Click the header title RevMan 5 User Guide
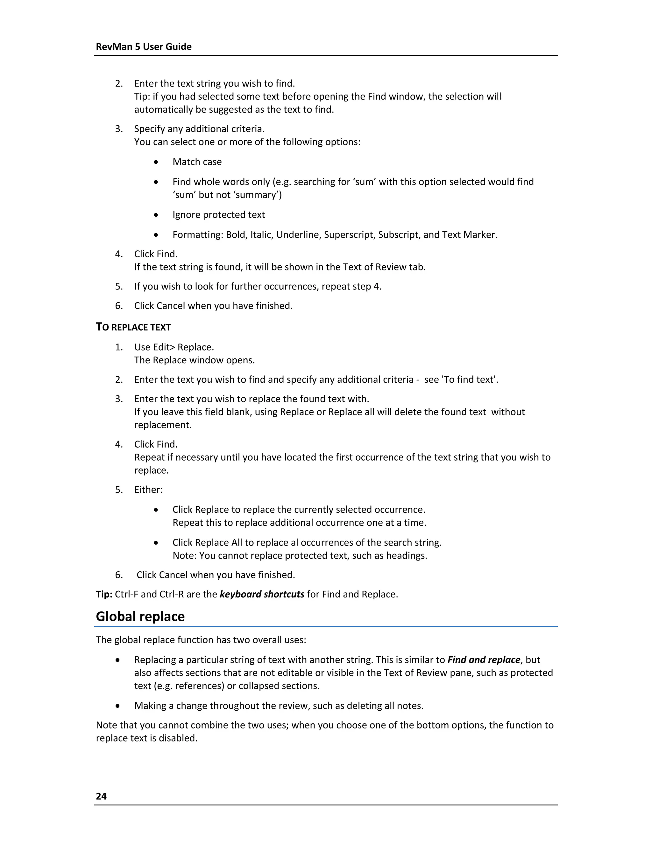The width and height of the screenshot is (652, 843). tap(143, 47)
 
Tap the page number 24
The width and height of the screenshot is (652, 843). tap(101, 796)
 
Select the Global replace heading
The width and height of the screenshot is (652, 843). tap(140, 617)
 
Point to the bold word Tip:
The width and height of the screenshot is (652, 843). tap(104, 594)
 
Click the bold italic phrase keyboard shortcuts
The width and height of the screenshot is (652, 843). tap(262, 594)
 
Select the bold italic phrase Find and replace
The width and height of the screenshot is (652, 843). tap(484, 660)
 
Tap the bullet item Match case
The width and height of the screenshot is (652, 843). tap(197, 162)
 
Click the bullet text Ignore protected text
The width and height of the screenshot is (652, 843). tap(219, 215)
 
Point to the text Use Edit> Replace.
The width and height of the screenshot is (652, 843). tap(174, 347)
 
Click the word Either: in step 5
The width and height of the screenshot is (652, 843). tap(148, 490)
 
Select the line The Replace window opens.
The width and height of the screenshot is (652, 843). tap(194, 360)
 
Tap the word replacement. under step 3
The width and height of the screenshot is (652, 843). tap(163, 425)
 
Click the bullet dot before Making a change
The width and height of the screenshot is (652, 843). tap(117, 706)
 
